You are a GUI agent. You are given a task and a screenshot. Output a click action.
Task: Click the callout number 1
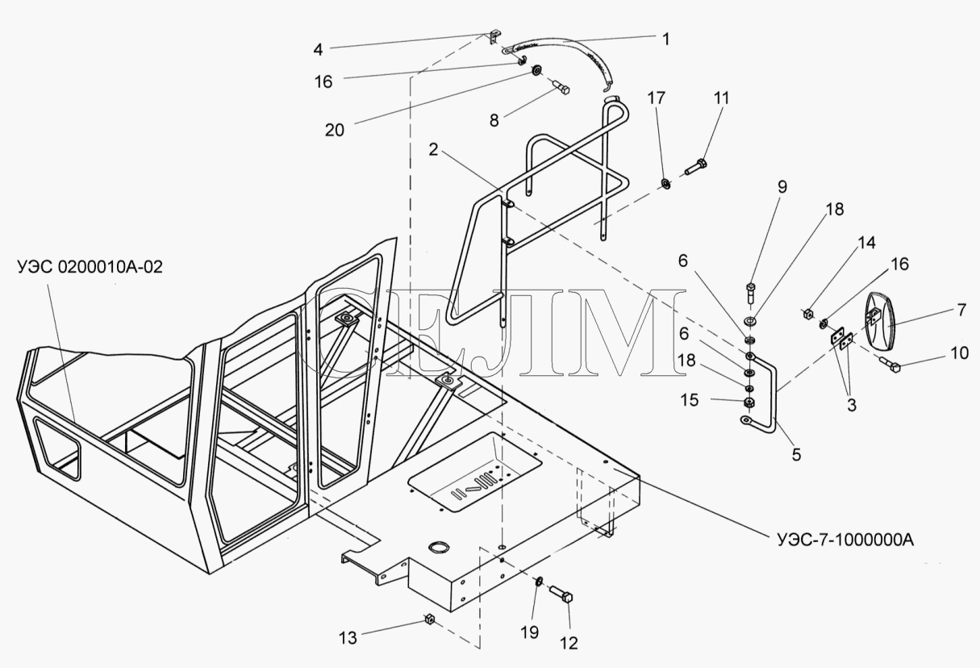pos(666,40)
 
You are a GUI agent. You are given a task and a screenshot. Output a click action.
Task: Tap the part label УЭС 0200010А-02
pos(90,266)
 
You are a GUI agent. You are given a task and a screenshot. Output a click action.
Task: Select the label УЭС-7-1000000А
pos(845,541)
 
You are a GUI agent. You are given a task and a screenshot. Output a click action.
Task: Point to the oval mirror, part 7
pos(880,321)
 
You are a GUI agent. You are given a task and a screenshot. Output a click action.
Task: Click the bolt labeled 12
pos(561,594)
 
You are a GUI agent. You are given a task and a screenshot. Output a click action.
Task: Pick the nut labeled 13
pos(429,619)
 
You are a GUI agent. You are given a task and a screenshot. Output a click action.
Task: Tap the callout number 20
pos(334,130)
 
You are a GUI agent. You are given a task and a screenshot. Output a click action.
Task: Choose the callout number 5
pos(796,454)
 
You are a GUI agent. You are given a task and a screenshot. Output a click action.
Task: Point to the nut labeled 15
pos(749,403)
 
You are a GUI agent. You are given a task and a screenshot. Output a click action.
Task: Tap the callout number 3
pos(852,405)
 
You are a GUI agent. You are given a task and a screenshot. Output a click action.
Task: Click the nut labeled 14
pos(808,314)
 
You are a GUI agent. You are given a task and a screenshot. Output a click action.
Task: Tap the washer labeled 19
pos(539,582)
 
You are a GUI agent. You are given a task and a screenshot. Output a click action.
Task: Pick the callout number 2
pos(433,149)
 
